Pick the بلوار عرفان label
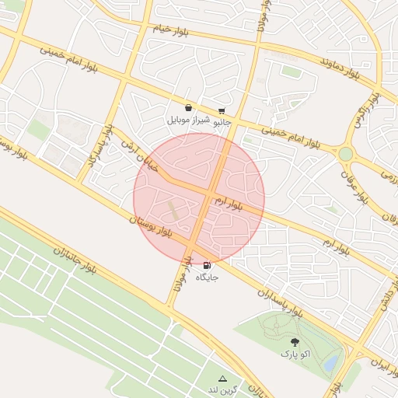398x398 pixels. pos(366,186)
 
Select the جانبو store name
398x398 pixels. pos(222,121)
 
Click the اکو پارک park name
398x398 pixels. pos(295,354)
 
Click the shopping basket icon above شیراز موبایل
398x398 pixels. pos(188,108)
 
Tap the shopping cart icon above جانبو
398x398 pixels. pos(222,110)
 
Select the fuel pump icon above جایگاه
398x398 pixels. pos(207,265)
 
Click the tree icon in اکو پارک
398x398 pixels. pos(295,342)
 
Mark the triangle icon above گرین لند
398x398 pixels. pos(222,379)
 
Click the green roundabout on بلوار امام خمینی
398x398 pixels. pos(345,154)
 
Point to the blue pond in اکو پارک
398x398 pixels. pos(331,362)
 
